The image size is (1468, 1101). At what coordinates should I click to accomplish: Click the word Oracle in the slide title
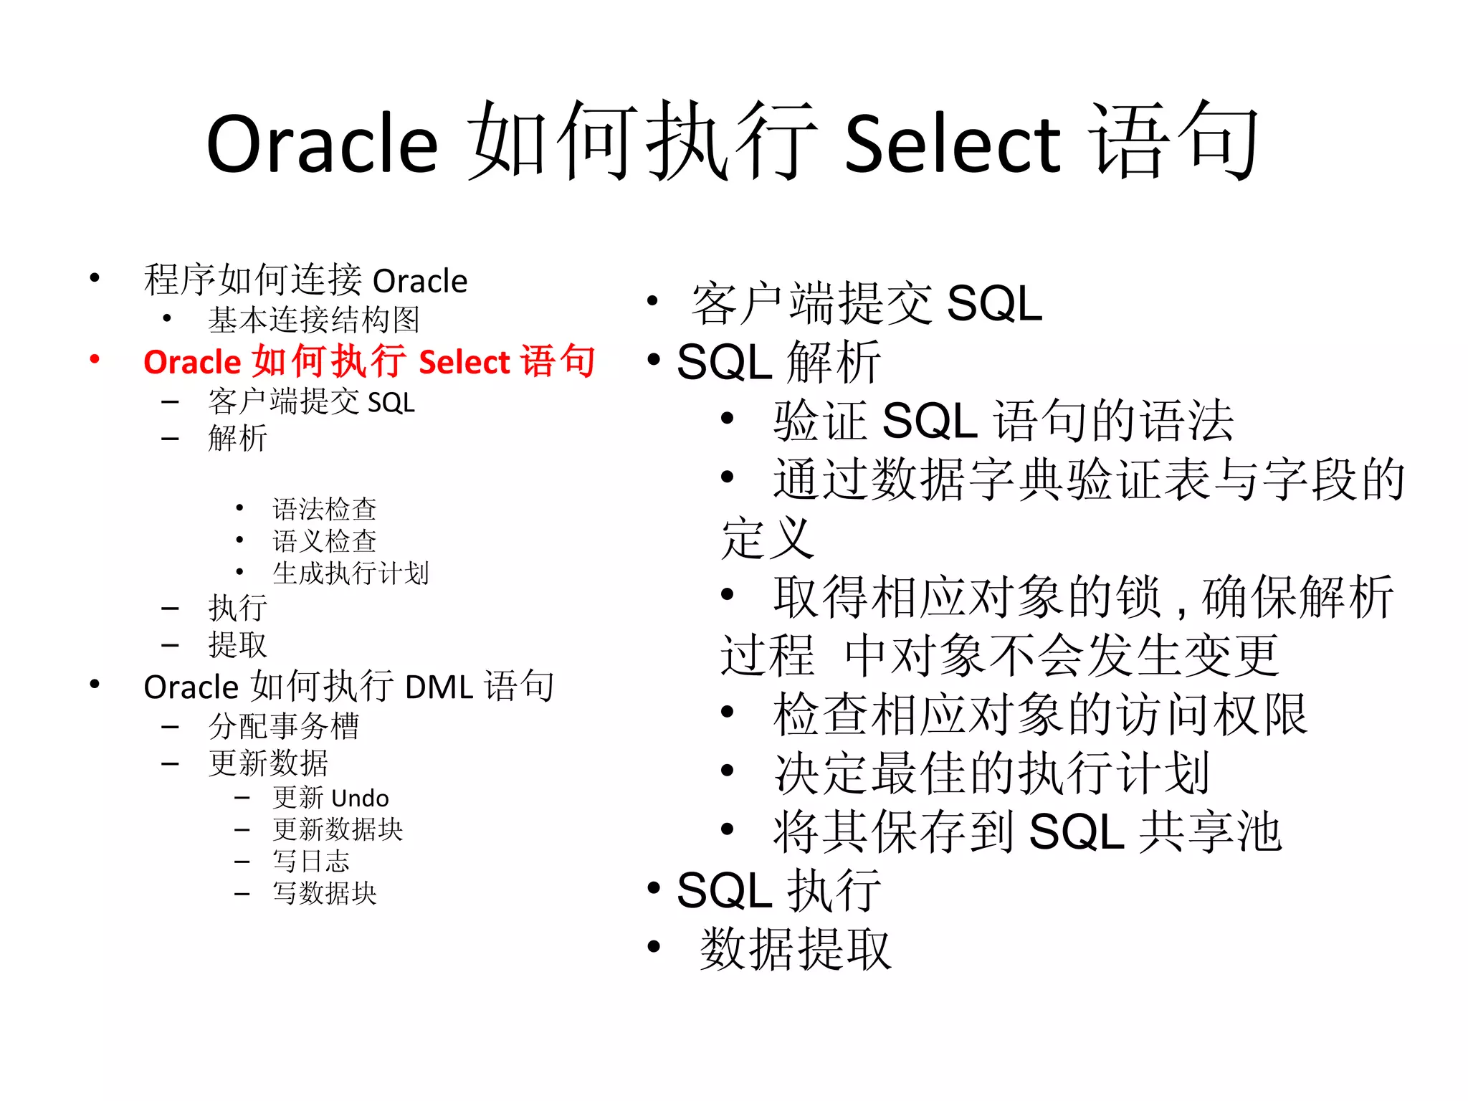click(x=322, y=144)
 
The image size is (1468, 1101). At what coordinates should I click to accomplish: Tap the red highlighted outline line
click(x=368, y=361)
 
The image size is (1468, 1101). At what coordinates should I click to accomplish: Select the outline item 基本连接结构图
click(x=313, y=320)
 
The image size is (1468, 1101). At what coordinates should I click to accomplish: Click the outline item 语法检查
click(x=324, y=509)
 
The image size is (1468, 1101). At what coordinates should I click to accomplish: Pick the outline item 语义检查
click(x=324, y=541)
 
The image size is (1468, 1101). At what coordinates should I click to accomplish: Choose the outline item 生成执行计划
click(x=351, y=573)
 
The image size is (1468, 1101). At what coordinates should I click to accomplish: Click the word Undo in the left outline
click(x=360, y=798)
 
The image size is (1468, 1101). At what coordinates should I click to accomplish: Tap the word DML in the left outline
click(x=439, y=687)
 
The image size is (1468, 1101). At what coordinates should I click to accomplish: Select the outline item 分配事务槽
click(x=283, y=726)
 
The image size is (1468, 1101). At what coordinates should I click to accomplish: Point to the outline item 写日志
click(x=310, y=861)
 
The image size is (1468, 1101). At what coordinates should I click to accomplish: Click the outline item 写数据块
click(x=324, y=893)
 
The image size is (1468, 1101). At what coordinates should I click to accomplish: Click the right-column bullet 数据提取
click(x=795, y=949)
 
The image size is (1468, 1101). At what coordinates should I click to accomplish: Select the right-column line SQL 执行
click(x=778, y=890)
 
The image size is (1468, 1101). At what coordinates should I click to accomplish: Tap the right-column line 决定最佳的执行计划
click(x=991, y=773)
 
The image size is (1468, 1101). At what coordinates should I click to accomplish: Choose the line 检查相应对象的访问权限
click(x=1040, y=714)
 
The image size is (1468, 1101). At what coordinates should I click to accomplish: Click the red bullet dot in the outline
click(x=95, y=359)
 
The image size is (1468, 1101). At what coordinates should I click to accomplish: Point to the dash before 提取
click(x=170, y=645)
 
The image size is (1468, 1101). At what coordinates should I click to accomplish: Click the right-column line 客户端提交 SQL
click(x=866, y=303)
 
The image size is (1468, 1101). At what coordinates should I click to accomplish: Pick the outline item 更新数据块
click(x=338, y=829)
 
